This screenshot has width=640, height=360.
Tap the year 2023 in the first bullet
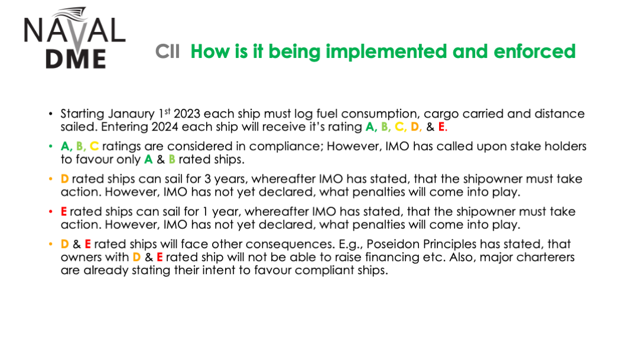(187, 113)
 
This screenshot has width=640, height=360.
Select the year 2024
(164, 127)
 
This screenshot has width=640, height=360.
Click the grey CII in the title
(167, 52)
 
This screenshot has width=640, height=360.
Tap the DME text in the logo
(76, 59)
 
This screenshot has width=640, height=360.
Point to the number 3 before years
(208, 179)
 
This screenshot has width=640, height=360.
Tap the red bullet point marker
(51, 212)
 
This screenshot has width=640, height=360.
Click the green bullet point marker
(51, 146)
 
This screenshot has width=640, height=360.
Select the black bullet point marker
(51, 113)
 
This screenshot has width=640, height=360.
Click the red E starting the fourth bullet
(64, 212)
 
